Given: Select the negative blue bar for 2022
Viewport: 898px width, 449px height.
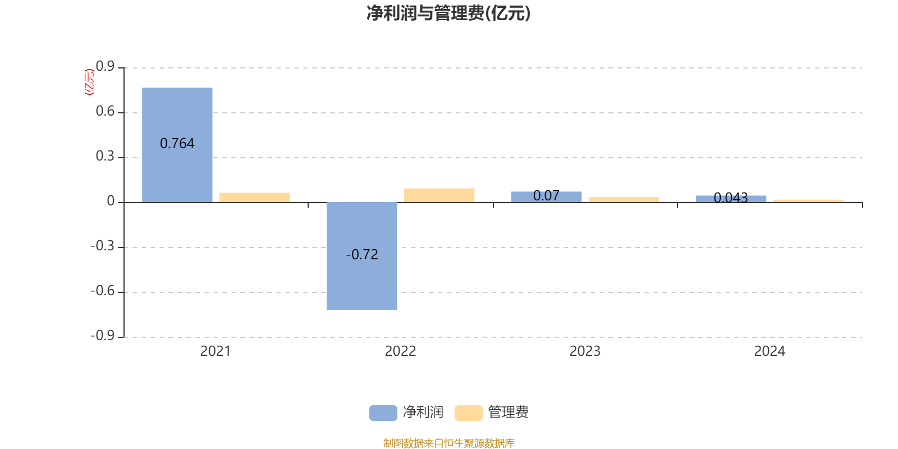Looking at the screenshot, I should (x=362, y=281).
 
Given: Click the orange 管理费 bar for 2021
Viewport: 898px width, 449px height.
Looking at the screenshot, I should (x=255, y=197).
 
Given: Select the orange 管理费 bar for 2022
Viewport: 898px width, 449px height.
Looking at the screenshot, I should (x=439, y=195).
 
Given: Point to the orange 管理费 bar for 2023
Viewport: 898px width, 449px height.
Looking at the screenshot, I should (x=624, y=199).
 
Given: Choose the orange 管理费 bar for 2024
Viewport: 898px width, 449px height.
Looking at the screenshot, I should (x=808, y=200).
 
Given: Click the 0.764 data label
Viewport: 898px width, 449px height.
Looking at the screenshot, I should (x=177, y=144).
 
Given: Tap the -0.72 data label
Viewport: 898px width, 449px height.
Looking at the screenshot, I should (x=362, y=255).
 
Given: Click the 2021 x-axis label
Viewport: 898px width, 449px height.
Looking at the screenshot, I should (x=216, y=351).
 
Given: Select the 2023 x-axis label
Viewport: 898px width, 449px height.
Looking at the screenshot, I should (x=585, y=351).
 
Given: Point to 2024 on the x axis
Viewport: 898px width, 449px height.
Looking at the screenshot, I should (x=769, y=351).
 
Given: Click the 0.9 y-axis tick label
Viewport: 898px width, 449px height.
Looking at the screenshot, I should (x=105, y=67).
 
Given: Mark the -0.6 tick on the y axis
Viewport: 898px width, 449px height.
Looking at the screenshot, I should (x=102, y=291).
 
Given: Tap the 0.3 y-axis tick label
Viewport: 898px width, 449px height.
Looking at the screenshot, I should (x=105, y=157).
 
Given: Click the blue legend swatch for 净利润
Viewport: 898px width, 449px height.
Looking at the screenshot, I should (x=383, y=413).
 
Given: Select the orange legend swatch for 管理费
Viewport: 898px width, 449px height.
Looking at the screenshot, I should (x=468, y=413).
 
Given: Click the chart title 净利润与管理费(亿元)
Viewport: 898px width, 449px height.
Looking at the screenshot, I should (x=448, y=13).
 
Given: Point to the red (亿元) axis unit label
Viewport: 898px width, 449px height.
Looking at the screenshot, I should (x=89, y=82).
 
